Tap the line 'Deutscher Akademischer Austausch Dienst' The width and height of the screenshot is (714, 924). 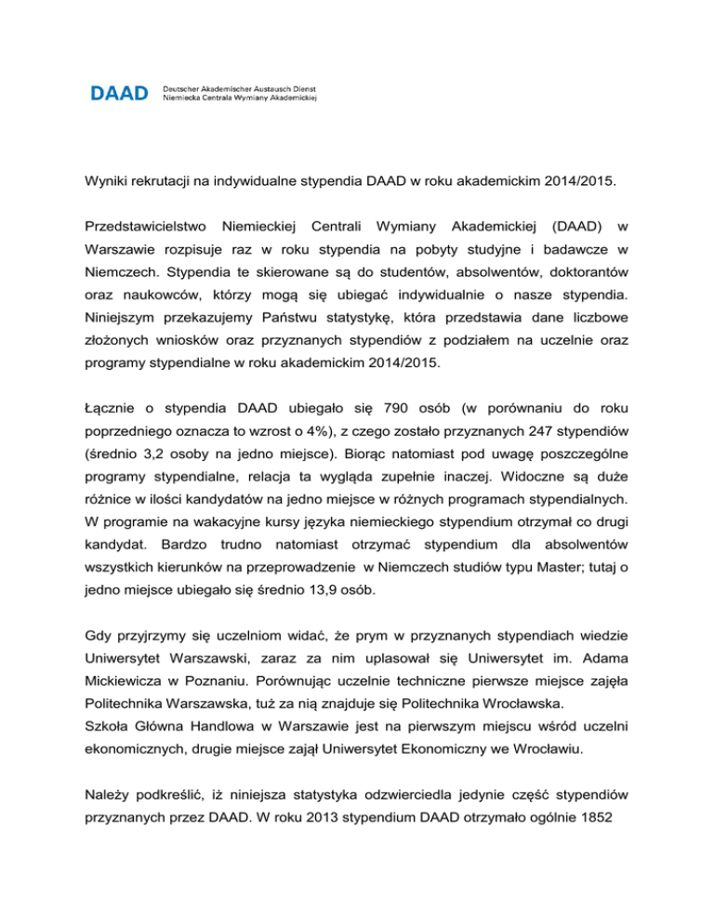tap(241, 86)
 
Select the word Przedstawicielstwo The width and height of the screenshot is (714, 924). tap(140, 226)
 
